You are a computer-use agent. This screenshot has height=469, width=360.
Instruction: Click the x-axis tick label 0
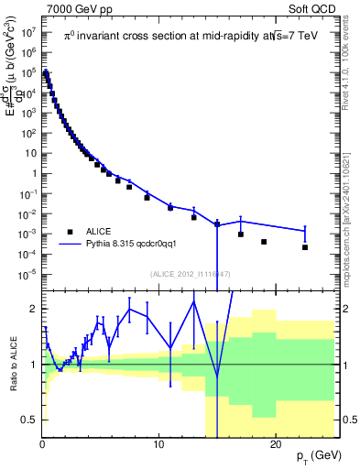(x=42, y=444)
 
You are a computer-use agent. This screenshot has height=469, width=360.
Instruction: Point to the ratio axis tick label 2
(x=32, y=309)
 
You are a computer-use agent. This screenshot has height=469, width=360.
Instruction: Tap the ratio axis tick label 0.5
(x=28, y=420)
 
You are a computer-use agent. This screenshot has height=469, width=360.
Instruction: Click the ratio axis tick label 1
(x=32, y=365)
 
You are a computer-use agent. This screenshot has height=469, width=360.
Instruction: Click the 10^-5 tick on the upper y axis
(x=27, y=274)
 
